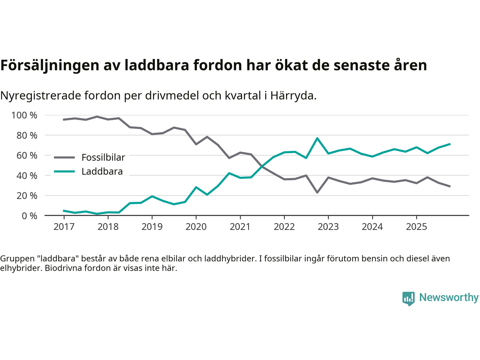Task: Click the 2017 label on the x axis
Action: (x=64, y=227)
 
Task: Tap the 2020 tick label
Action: (x=196, y=227)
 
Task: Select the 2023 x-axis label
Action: (x=328, y=227)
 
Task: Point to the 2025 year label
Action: (x=416, y=227)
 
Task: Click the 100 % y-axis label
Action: (x=24, y=115)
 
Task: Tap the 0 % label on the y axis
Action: (x=29, y=216)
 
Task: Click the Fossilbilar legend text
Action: (x=103, y=157)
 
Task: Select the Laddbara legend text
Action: (x=102, y=171)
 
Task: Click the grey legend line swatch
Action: (x=64, y=157)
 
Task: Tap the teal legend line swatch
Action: (x=64, y=171)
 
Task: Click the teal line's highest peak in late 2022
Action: (x=317, y=138)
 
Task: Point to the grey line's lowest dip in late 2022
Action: (x=317, y=192)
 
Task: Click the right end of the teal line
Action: (x=450, y=144)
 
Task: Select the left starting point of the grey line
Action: (x=64, y=120)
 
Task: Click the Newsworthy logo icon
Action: (x=408, y=298)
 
